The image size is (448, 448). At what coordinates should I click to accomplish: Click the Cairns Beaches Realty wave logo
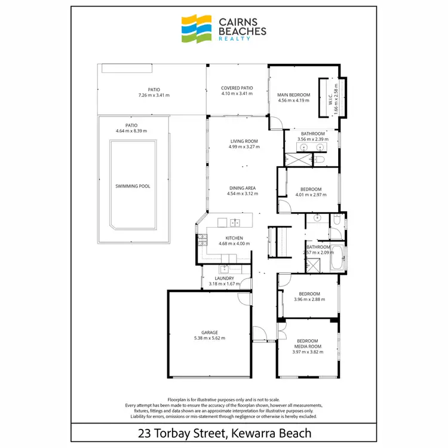197,29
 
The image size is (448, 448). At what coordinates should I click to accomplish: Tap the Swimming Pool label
133,186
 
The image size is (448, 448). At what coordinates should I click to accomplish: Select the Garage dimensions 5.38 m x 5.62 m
209,339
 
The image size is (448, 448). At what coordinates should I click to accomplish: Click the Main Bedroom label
294,95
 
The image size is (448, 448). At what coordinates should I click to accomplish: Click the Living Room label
243,142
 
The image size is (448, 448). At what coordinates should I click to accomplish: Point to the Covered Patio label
237,88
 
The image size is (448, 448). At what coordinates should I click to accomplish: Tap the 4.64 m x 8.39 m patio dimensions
131,131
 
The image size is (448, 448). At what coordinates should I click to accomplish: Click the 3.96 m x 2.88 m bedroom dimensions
309,299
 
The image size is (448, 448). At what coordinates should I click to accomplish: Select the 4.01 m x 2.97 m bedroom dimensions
311,195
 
